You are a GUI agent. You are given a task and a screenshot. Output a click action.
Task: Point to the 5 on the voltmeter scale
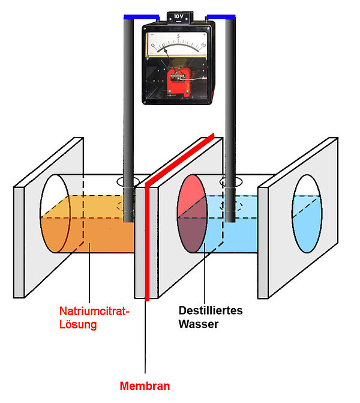[x=178, y=37]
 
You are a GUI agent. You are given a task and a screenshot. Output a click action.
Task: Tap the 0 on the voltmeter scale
[x=152, y=45]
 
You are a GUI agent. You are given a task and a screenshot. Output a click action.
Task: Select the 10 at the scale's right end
[x=203, y=45]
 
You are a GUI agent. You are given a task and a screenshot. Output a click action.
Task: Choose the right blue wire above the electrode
[x=220, y=16]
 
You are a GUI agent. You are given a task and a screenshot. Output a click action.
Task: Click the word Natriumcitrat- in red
[x=94, y=312]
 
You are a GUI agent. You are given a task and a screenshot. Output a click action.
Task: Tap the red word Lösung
[x=78, y=325]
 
